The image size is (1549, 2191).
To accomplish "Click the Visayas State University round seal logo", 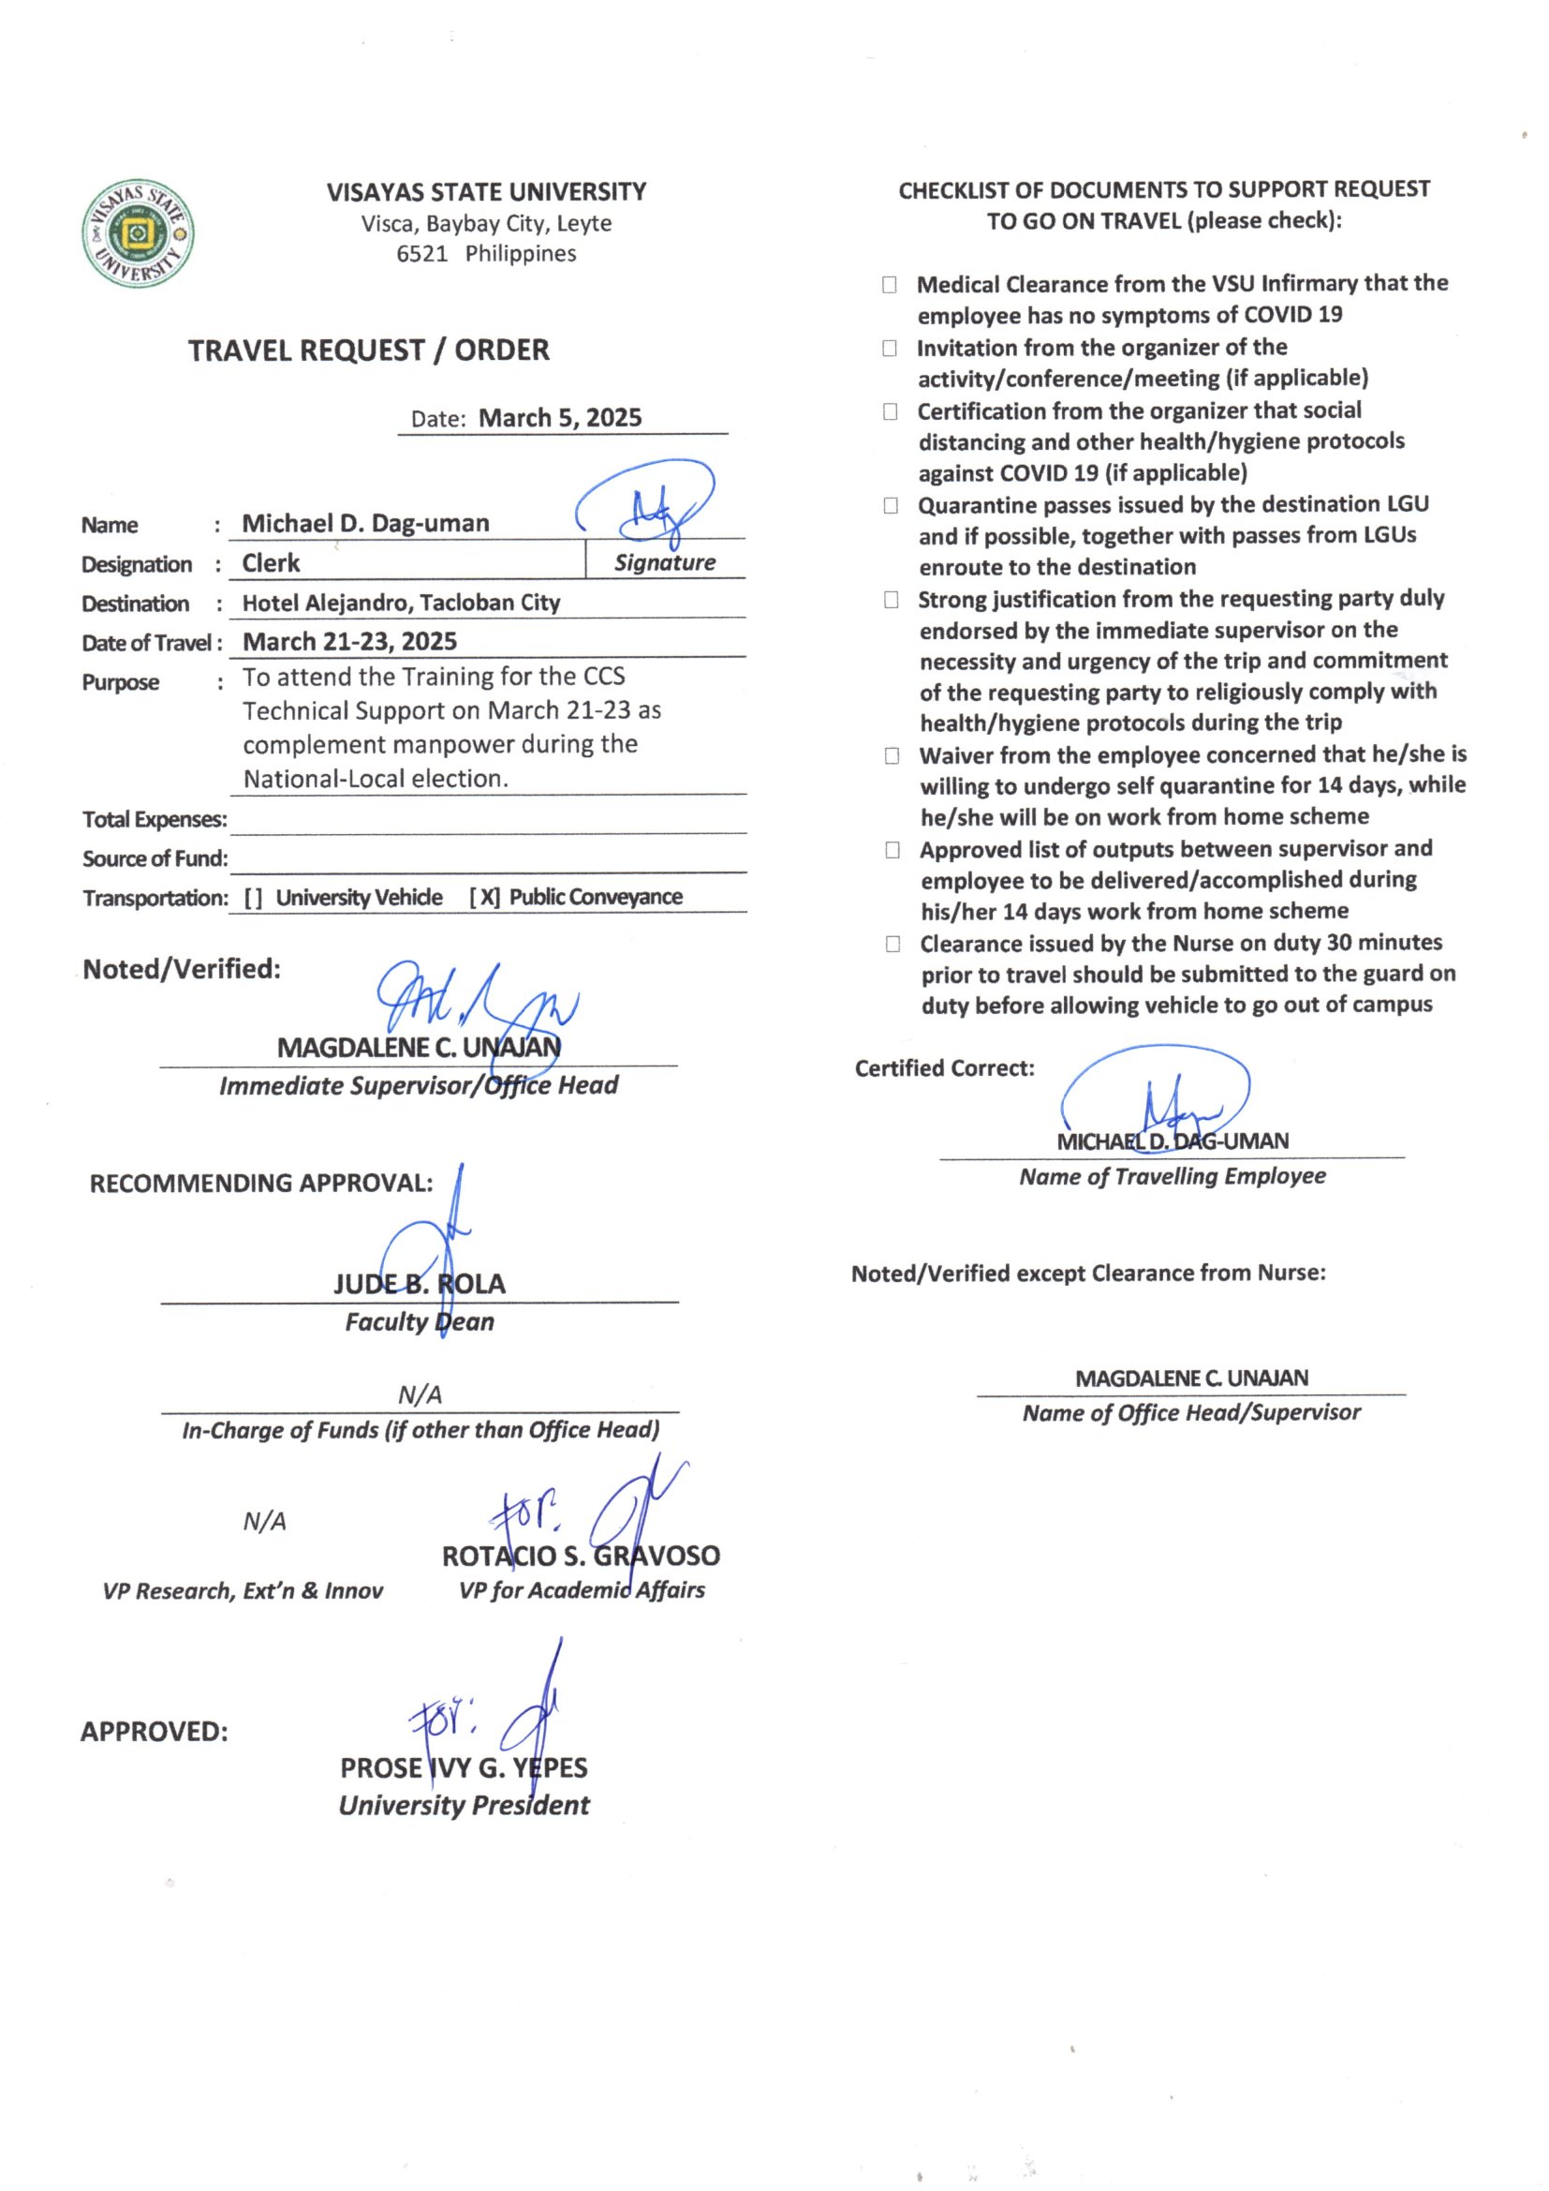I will point(139,232).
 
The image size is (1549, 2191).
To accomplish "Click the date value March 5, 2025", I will point(560,418).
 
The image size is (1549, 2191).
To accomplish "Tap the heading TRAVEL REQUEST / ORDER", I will point(368,350).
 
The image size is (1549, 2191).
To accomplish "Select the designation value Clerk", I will point(271,563).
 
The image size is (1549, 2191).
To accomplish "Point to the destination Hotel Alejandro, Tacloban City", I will point(401,603).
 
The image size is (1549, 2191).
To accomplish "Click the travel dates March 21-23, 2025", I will point(350,641).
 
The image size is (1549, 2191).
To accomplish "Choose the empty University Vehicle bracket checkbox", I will point(254,898).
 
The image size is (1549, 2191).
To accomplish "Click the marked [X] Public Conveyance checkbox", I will point(484,897).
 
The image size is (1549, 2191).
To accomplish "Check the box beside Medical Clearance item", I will point(889,284).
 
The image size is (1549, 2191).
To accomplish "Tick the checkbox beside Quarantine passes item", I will point(890,505).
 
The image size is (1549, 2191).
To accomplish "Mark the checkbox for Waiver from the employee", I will point(892,755).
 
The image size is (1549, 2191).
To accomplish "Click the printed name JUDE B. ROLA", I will point(420,1284).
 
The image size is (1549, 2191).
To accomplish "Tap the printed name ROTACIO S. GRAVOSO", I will point(580,1556).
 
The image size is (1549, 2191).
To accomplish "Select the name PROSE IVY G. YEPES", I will point(464,1767).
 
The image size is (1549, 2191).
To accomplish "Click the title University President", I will point(464,1806).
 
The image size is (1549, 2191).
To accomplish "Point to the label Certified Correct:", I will point(944,1067).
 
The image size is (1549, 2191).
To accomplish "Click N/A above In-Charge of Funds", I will point(420,1395).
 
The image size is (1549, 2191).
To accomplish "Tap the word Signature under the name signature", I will point(665,563).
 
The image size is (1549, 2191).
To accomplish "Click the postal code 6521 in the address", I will point(421,254).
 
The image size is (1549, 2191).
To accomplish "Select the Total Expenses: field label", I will point(155,820).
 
